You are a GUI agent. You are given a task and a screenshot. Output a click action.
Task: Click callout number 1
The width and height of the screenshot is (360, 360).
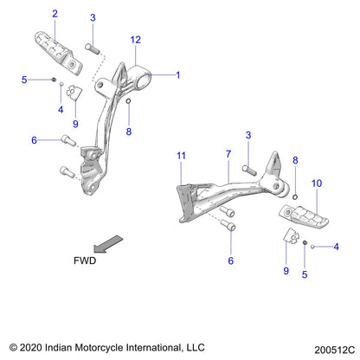click(177, 74)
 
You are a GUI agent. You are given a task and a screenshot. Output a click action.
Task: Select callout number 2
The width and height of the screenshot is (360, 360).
click(55, 13)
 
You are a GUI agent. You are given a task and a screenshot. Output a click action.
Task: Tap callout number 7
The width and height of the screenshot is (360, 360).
click(228, 156)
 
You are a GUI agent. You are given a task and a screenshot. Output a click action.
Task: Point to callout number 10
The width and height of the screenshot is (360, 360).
click(316, 184)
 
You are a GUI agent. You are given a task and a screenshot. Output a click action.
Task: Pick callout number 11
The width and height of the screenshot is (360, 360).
click(181, 156)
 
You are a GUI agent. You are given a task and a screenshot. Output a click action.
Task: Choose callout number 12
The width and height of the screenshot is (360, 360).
click(135, 40)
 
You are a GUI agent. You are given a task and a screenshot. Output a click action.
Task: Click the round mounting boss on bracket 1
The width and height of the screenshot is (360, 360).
click(143, 73)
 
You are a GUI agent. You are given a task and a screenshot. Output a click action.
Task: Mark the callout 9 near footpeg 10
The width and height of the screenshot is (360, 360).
click(286, 270)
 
